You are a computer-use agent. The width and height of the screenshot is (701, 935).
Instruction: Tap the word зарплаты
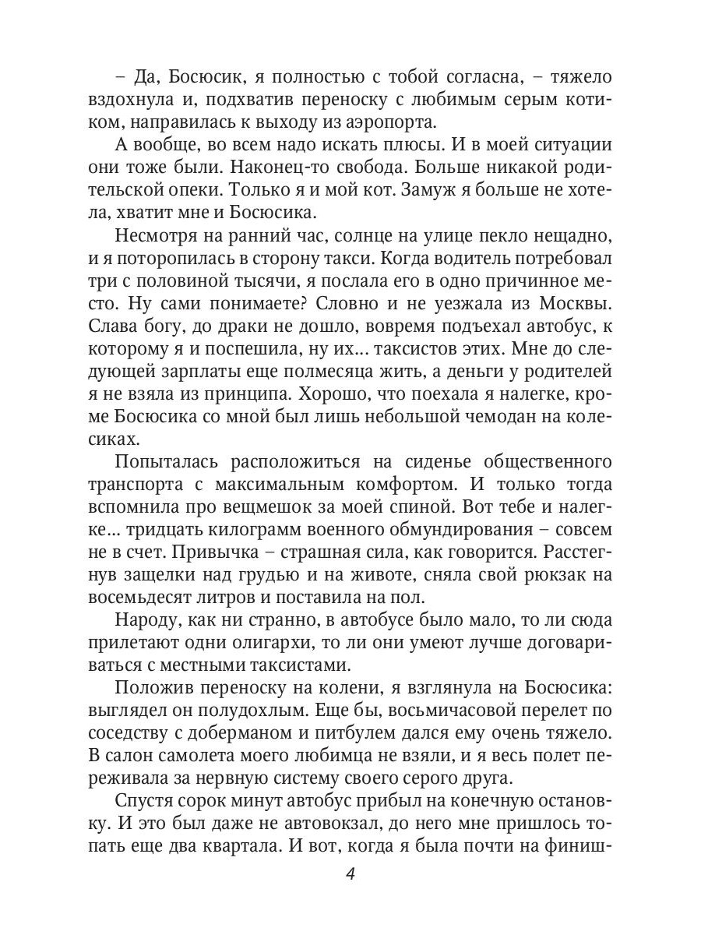(x=188, y=371)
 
